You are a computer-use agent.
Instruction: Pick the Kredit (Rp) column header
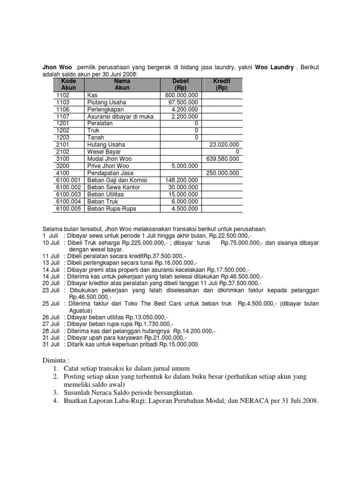221,85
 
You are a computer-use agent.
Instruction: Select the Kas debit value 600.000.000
182,95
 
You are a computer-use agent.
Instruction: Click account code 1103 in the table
63,102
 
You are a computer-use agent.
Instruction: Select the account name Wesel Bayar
104,152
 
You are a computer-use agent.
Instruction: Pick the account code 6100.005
69,209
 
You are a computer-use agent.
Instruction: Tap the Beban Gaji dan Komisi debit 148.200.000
182,180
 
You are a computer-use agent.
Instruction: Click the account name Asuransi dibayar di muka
120,116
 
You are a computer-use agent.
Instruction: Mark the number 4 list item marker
55,402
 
